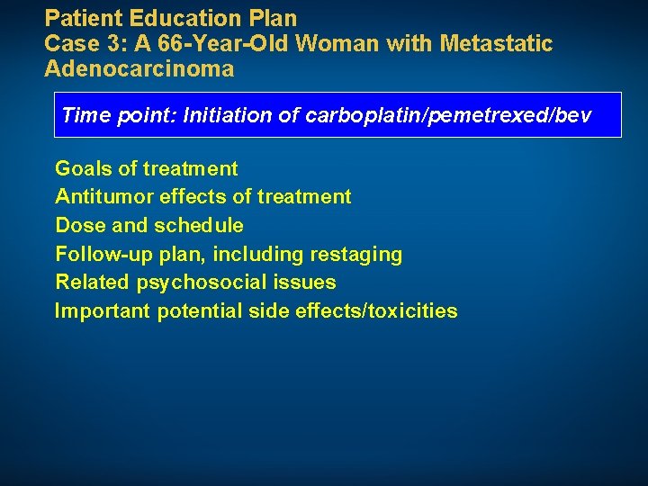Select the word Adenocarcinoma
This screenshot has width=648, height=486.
(139, 68)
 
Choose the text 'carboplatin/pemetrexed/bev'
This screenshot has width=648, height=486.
(450, 115)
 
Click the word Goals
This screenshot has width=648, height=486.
(80, 168)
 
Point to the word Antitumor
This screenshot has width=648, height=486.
(100, 196)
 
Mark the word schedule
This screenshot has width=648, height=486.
(199, 225)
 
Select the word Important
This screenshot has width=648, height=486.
(102, 311)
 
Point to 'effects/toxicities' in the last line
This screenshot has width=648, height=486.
(382, 311)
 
